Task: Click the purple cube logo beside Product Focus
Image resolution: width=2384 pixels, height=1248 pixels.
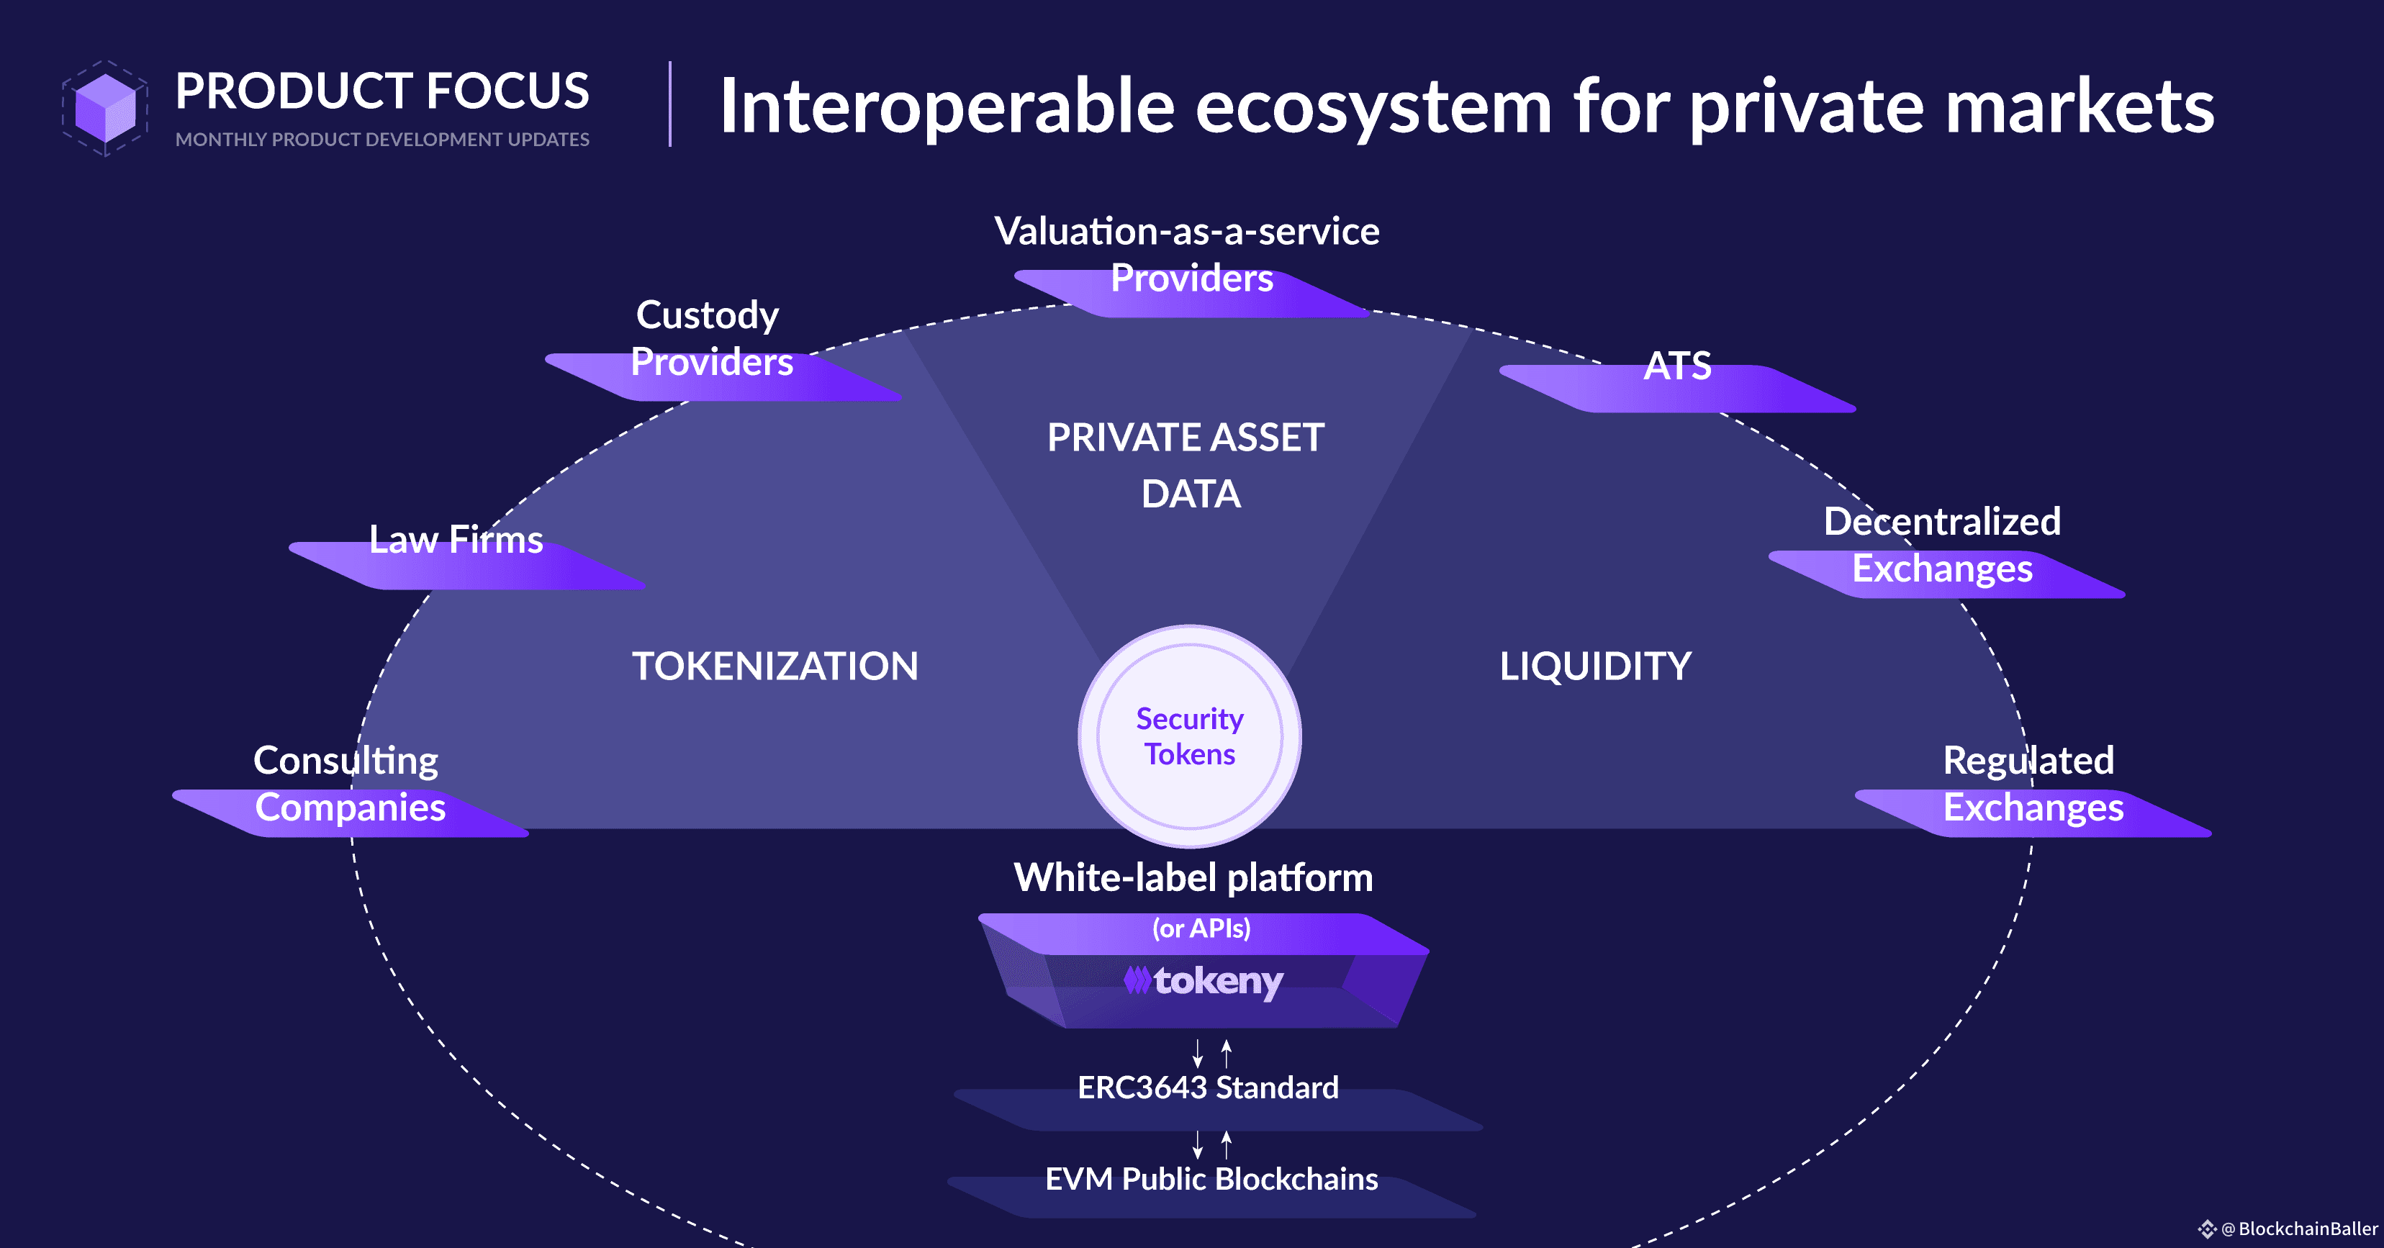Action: tap(104, 108)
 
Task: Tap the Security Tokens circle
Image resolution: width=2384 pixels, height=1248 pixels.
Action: tap(1189, 736)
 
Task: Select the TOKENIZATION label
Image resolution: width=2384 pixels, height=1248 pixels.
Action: tap(775, 666)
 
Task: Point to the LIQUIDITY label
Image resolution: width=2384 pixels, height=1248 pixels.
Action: tap(1594, 666)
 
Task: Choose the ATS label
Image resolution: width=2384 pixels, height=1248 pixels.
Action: tap(1677, 366)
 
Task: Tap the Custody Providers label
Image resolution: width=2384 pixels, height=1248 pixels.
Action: tap(710, 338)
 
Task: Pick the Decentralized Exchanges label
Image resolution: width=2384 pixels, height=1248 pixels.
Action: tap(1941, 546)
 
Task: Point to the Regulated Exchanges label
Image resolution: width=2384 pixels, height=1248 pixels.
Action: tap(2031, 784)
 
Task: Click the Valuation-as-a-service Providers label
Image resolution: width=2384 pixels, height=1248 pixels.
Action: tap(1188, 254)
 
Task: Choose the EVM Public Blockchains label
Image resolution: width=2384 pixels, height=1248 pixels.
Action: tap(1211, 1180)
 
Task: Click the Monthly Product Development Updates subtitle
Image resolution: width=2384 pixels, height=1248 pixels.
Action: tap(382, 140)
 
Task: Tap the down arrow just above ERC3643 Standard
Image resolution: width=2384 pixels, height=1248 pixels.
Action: tap(1198, 1053)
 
